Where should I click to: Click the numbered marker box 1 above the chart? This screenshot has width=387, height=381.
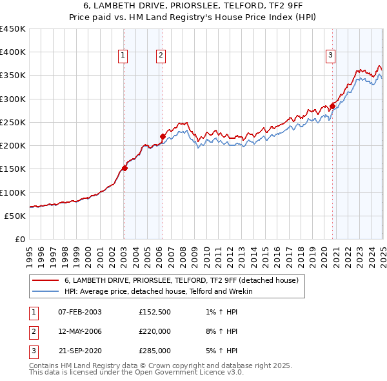click(x=123, y=56)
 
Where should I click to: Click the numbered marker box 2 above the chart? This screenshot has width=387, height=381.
click(x=160, y=56)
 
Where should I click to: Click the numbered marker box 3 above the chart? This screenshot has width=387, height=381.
click(x=330, y=56)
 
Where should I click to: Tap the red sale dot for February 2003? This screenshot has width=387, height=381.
click(x=124, y=168)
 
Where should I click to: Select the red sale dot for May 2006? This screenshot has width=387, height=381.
click(x=163, y=136)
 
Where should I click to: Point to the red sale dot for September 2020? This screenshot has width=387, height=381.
click(x=333, y=106)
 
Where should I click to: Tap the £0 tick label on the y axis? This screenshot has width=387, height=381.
click(x=19, y=239)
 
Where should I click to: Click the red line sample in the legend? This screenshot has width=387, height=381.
click(x=45, y=281)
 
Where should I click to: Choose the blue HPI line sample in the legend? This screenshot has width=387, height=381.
click(x=45, y=291)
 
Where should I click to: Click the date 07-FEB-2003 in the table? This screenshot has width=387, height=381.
click(x=80, y=312)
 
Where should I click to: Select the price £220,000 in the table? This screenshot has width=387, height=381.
click(x=155, y=331)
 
